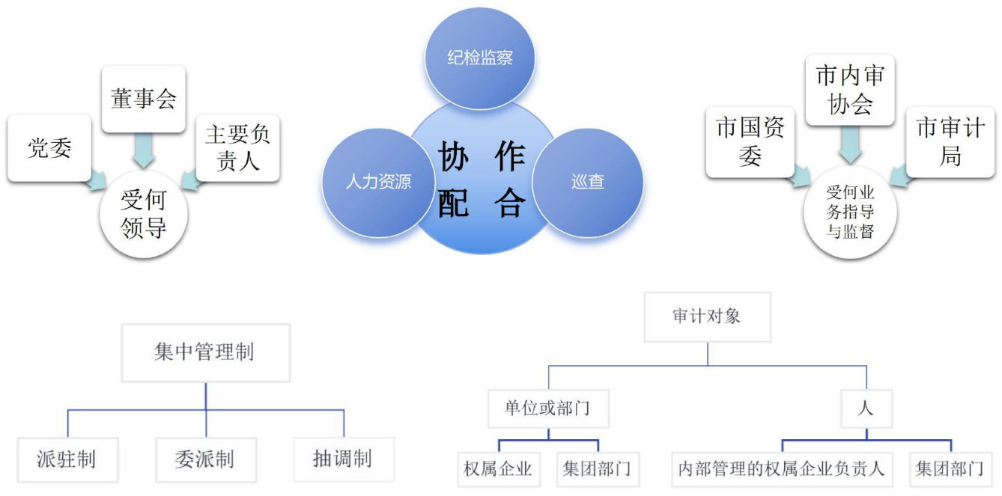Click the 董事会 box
pos(143,99)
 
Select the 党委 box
pos(50,147)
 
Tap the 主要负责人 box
pos(237,147)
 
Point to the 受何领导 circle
pos(143,214)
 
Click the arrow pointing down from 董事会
pos(143,153)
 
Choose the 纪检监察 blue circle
pos(480,58)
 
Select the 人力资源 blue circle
pos(378,182)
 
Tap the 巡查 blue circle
pos(587,182)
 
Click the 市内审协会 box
pos(850,90)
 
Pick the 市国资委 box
pos(750,141)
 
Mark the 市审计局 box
pos(950,141)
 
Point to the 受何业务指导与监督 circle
pos(850,212)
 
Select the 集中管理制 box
pos(204,352)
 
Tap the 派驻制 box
pos(67,459)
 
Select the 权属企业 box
pos(498,470)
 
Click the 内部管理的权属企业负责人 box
pos(781,470)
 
